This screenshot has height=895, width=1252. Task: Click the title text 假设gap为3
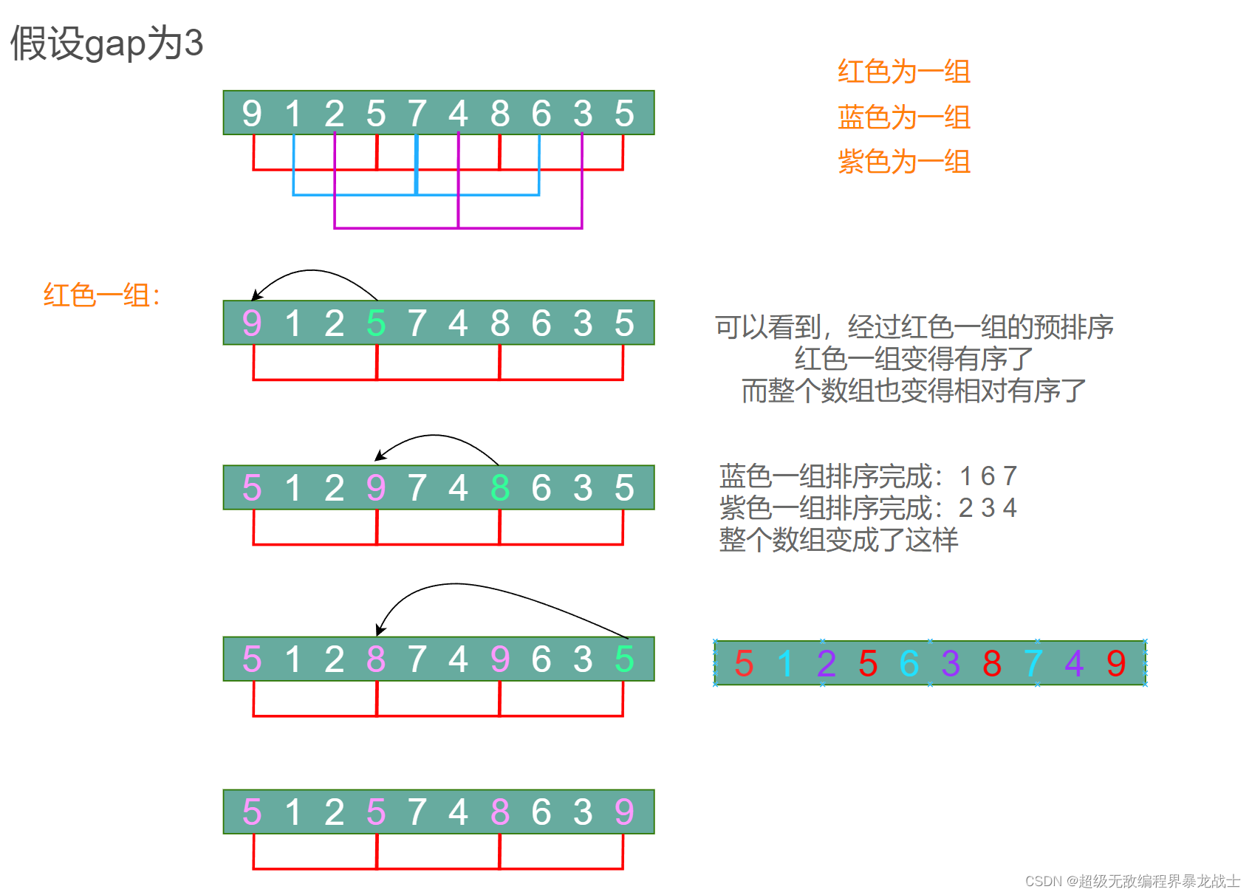click(x=106, y=43)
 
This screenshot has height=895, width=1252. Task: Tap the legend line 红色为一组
click(x=903, y=72)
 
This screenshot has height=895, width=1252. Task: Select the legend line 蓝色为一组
click(x=903, y=117)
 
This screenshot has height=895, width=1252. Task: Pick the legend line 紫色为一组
click(x=903, y=161)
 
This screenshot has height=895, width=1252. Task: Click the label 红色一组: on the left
click(x=102, y=295)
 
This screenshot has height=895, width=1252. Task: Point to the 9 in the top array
click(x=252, y=114)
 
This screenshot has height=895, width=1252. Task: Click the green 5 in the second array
click(x=376, y=323)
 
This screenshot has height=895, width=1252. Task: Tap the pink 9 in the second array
click(x=252, y=323)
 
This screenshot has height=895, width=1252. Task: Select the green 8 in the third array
click(x=500, y=488)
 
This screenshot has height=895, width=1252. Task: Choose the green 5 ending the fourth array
click(x=624, y=659)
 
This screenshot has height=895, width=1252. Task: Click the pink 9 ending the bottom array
click(x=624, y=812)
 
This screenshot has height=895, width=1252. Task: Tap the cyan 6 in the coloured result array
click(x=909, y=663)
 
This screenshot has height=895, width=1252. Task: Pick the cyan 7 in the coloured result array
click(x=1033, y=663)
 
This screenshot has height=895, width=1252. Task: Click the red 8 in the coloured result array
click(x=992, y=663)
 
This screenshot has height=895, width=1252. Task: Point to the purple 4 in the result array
click(x=1075, y=663)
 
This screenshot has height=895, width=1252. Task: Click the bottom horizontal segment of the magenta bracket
click(x=458, y=227)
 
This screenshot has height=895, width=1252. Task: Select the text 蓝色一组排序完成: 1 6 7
click(x=869, y=476)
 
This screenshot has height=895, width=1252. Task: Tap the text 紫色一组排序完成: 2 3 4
click(x=869, y=508)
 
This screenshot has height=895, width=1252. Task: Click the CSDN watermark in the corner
click(x=1132, y=881)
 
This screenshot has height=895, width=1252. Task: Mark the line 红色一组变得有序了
click(x=914, y=359)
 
